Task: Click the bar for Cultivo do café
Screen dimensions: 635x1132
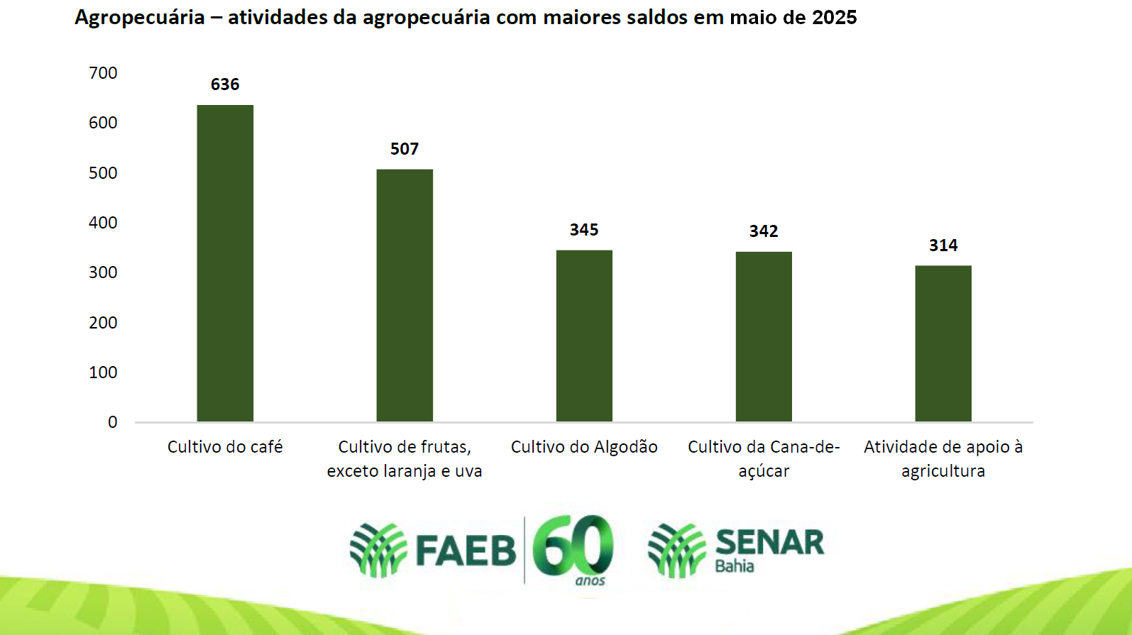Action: [x=225, y=263]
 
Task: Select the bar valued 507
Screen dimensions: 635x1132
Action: [x=405, y=295]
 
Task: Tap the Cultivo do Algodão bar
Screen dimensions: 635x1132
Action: [x=584, y=336]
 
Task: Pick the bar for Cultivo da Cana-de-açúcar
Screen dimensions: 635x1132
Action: [x=764, y=336]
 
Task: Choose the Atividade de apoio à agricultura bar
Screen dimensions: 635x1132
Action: [x=943, y=343]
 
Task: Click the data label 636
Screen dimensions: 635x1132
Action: [x=225, y=84]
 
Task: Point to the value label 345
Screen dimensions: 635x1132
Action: [x=584, y=230]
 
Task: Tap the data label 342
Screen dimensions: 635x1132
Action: [x=764, y=231]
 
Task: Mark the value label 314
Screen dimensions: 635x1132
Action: [x=943, y=245]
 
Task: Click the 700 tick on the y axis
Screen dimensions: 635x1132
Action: [x=103, y=73]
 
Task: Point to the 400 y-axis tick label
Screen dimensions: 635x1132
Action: [x=103, y=223]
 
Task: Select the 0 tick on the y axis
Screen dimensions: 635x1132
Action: [x=112, y=422]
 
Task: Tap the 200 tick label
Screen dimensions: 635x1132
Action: [x=103, y=323]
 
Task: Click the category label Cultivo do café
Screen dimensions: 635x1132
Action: [x=225, y=447]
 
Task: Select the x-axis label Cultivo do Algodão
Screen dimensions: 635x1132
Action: [x=584, y=447]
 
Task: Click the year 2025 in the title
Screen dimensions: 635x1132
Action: [x=835, y=17]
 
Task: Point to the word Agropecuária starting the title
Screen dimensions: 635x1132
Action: [x=140, y=18]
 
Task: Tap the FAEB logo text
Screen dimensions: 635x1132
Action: [x=466, y=551]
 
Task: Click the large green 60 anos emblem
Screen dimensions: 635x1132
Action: [x=573, y=548]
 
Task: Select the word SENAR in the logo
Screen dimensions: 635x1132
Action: [x=769, y=543]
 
